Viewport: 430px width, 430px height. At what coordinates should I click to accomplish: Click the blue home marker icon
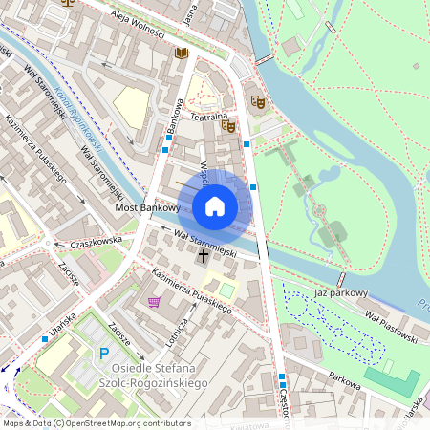pyautogui.click(x=215, y=205)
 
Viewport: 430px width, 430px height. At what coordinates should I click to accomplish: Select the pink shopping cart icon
pyautogui.click(x=154, y=302)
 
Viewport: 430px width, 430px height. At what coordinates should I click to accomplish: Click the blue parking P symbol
pyautogui.click(x=104, y=355)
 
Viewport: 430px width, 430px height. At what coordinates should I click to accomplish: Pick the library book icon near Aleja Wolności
pyautogui.click(x=180, y=53)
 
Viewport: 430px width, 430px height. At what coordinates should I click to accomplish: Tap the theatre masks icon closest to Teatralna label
pyautogui.click(x=227, y=124)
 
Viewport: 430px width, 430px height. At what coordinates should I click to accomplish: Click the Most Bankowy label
pyautogui.click(x=147, y=207)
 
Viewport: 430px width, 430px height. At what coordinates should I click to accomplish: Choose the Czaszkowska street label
pyautogui.click(x=91, y=242)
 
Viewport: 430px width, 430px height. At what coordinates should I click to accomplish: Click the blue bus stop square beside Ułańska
pyautogui.click(x=45, y=338)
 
